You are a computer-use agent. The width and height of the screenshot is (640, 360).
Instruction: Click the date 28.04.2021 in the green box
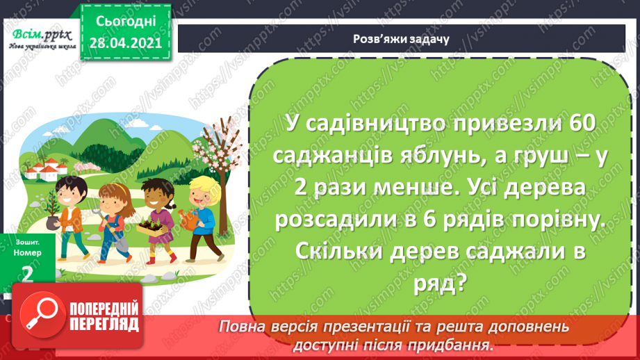point(125,43)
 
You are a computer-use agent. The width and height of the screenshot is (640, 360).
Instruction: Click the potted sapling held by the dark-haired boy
point(51,208)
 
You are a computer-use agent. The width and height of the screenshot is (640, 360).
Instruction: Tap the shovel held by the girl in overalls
point(117,236)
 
